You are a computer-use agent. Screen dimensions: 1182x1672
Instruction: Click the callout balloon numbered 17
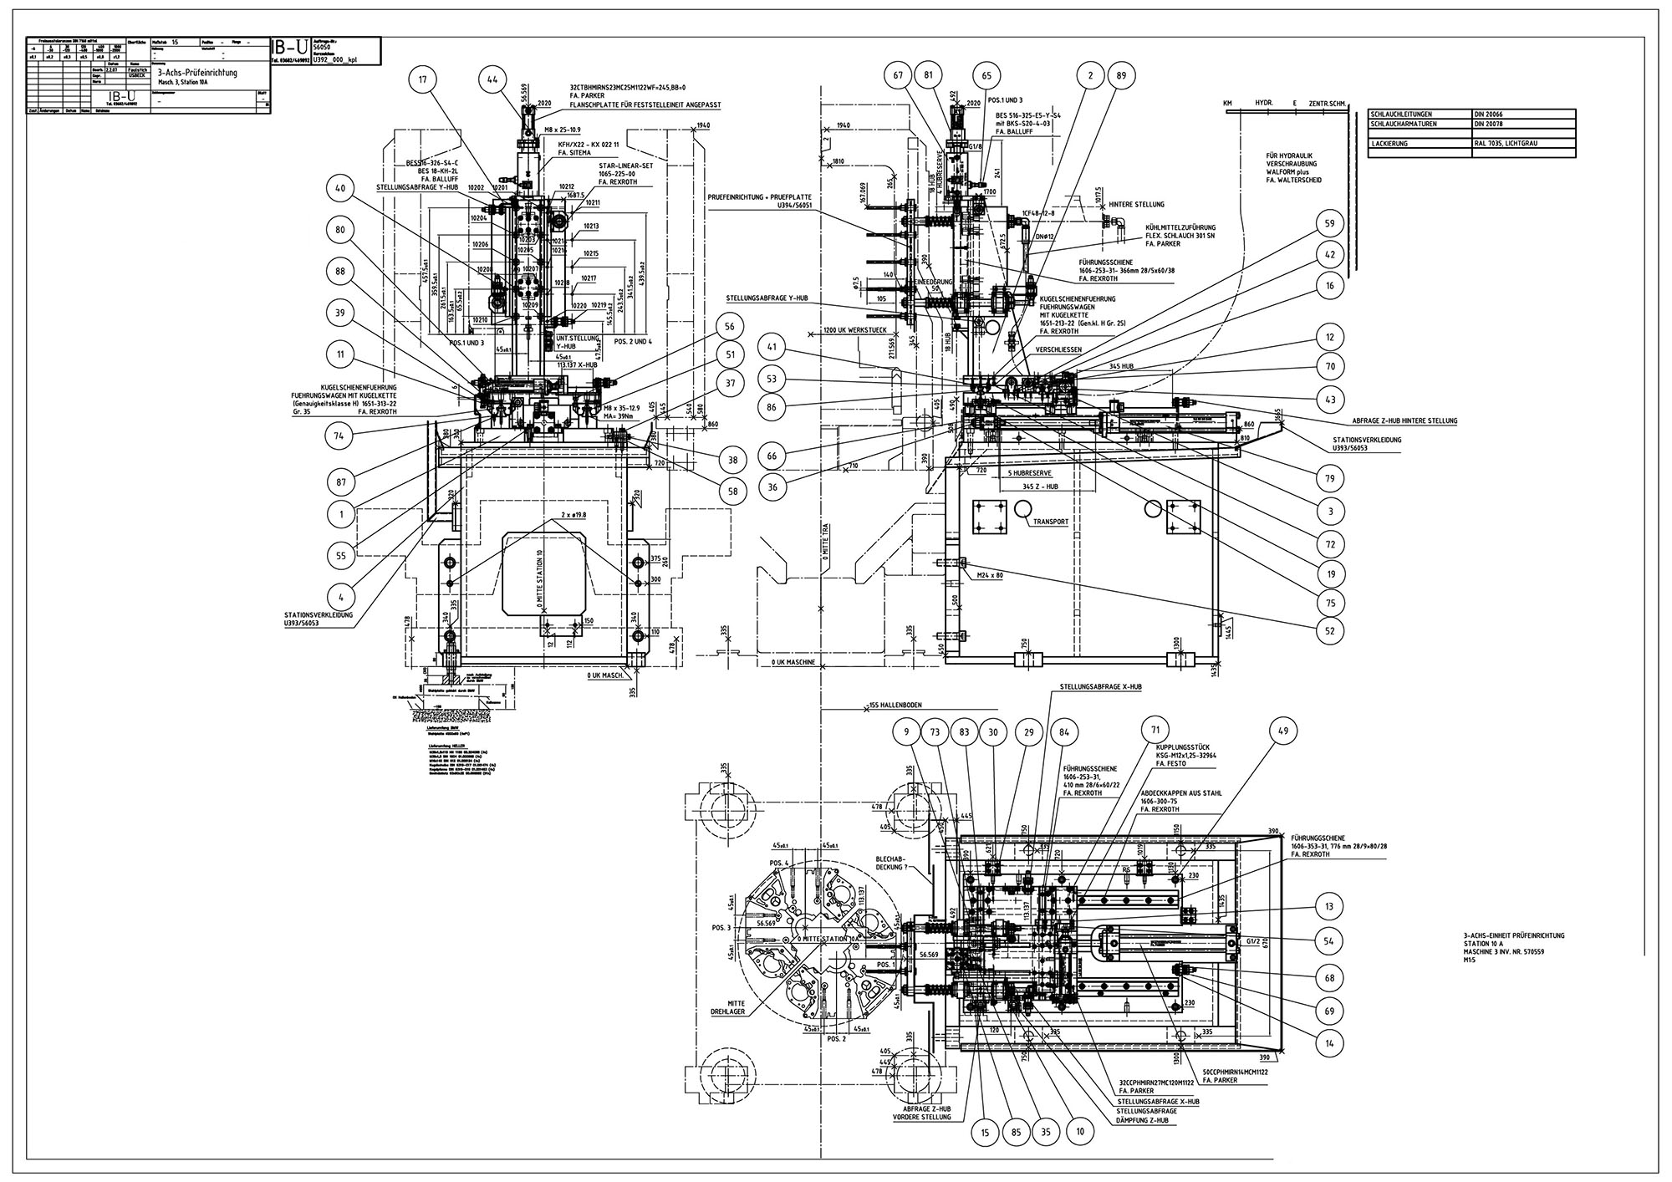pos(423,81)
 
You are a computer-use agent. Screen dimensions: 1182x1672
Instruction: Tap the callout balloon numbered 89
pos(1121,76)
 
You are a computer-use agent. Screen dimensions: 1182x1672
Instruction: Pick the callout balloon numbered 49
pos(1283,731)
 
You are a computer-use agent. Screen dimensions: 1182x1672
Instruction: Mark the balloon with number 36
pos(773,488)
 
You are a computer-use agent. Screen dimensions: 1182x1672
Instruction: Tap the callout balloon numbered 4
pos(341,597)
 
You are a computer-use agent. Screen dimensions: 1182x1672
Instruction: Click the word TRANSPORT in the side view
pos(1051,522)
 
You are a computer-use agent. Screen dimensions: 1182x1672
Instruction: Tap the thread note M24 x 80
pos(990,575)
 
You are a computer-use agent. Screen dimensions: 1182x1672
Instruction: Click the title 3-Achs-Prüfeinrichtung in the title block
pos(197,74)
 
